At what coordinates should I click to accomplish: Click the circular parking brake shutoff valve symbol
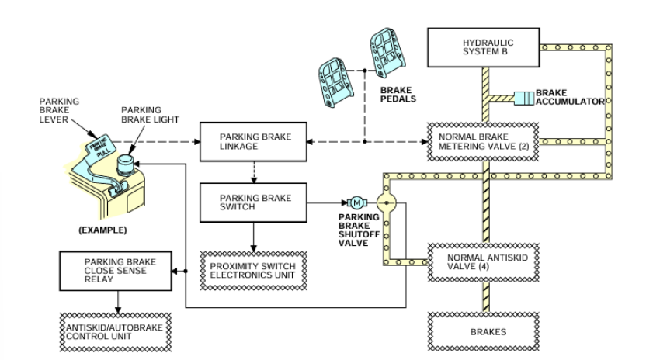click(x=385, y=203)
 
